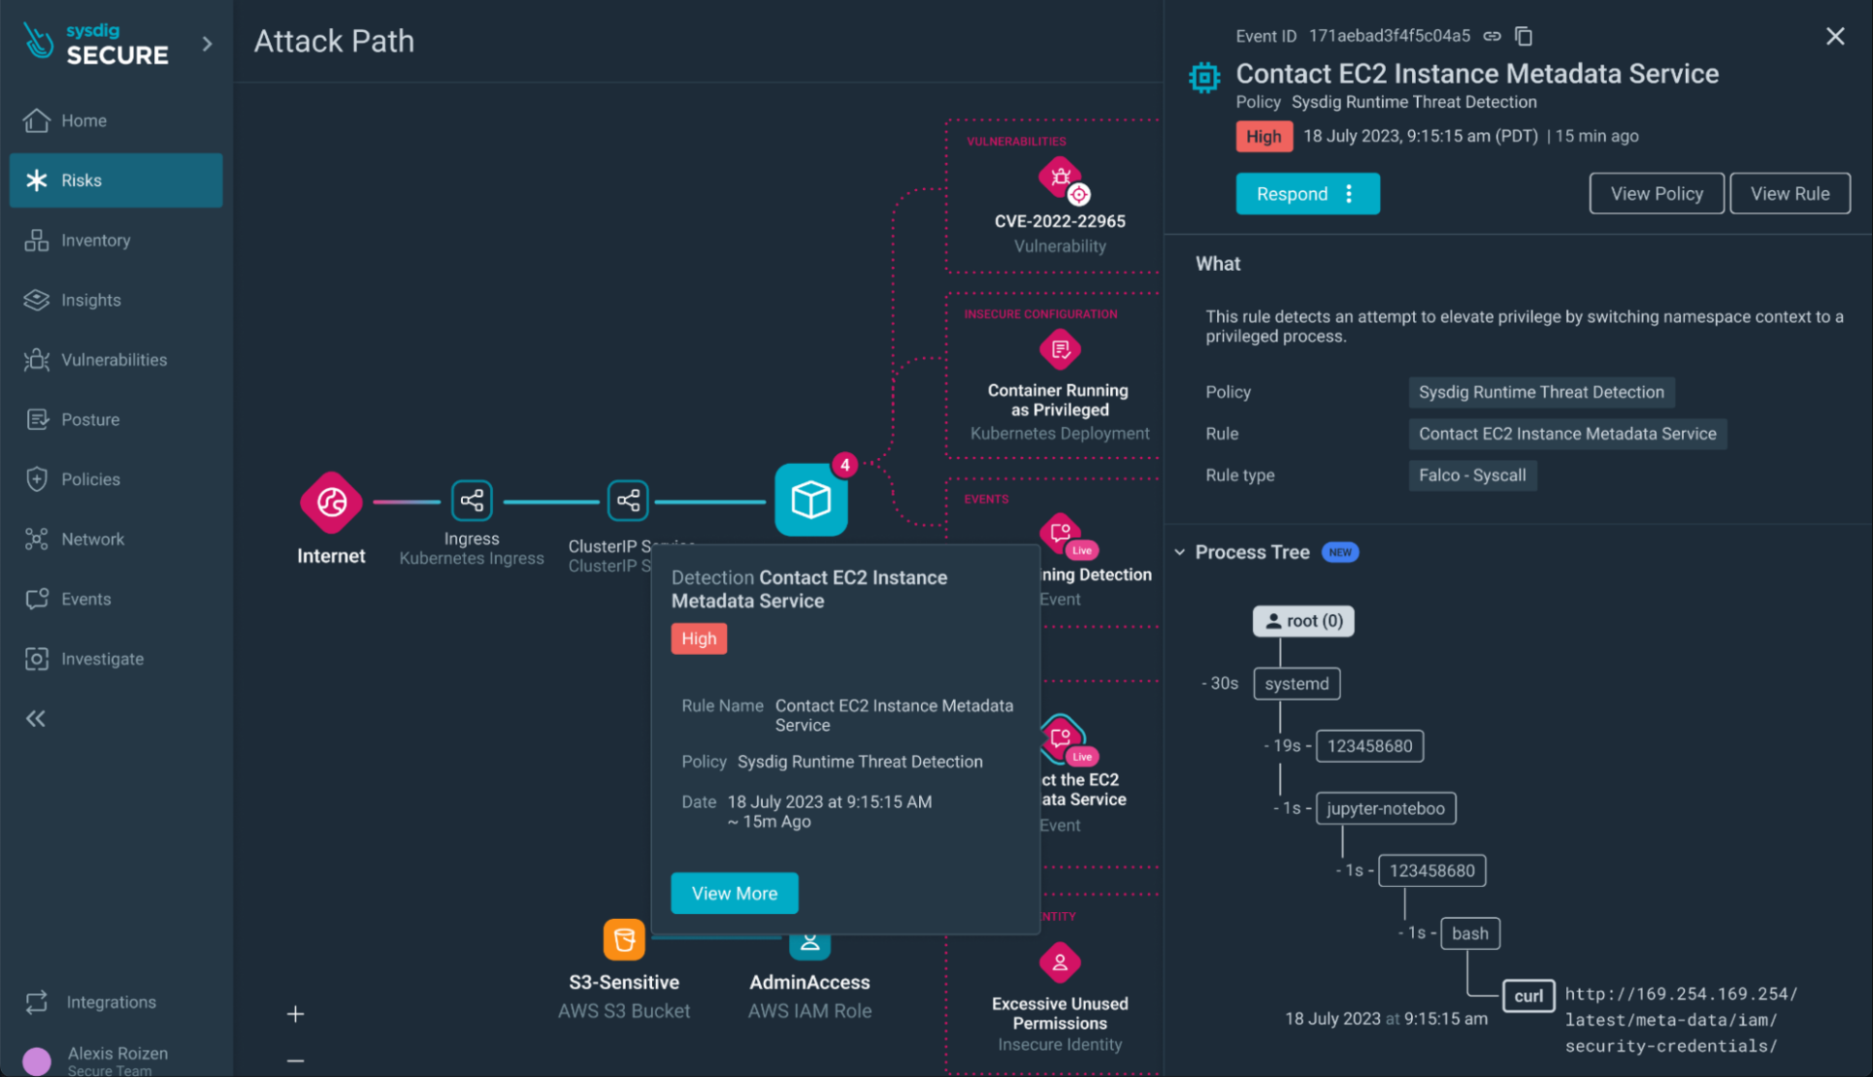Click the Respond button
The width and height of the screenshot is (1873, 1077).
pos(1293,194)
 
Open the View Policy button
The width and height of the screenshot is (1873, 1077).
pos(1656,194)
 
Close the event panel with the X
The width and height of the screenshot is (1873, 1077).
pos(1834,37)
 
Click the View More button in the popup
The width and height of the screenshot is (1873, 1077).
pos(734,894)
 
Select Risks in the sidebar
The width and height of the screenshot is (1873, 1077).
pos(115,180)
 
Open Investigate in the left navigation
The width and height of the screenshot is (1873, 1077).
pos(102,659)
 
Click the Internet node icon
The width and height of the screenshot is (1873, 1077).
pos(331,502)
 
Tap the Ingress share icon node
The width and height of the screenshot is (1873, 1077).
pos(472,501)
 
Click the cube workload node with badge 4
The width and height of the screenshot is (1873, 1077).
pos(810,501)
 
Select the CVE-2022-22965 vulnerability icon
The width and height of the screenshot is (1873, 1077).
pos(1061,179)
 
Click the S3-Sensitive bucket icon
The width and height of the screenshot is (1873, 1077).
pos(624,939)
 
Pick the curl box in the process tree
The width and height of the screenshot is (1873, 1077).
pos(1528,995)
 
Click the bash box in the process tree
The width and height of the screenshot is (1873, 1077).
pos(1469,933)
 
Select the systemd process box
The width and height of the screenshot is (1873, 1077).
pos(1296,684)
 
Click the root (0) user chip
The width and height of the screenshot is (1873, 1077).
pos(1302,621)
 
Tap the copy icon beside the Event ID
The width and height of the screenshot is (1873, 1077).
pos(1524,36)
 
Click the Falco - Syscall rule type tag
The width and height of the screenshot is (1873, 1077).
pos(1471,475)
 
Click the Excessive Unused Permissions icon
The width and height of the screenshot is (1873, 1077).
pos(1060,963)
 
